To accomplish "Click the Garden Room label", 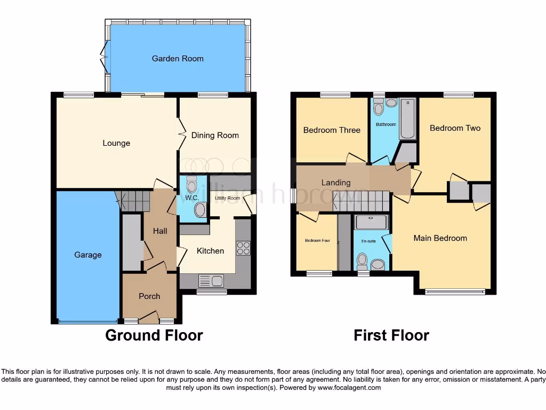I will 178,59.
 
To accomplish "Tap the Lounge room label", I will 116,143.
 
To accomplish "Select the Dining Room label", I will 215,136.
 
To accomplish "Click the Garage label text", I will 88,255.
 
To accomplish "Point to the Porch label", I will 149,296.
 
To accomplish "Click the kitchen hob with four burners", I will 243,248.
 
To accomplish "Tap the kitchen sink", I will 211,281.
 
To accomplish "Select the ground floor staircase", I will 133,201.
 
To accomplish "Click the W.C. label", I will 191,198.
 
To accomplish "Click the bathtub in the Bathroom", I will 408,119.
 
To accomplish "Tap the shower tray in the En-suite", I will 371,222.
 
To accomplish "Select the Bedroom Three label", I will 332,130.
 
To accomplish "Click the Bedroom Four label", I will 317,241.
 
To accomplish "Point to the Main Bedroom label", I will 440,238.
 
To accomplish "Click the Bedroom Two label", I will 455,128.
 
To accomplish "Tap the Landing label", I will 336,183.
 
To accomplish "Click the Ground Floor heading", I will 154,335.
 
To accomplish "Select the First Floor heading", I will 391,335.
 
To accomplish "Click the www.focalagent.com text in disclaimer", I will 349,388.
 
